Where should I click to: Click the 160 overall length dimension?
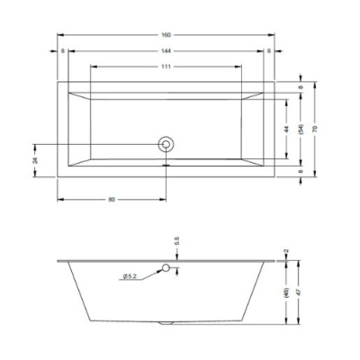[x=166, y=35]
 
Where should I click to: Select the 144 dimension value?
[x=166, y=51]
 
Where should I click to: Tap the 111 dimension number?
[x=166, y=67]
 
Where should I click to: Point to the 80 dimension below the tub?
[x=112, y=199]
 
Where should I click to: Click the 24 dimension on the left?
[x=35, y=160]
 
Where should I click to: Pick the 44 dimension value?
[x=286, y=129]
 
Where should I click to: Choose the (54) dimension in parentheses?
[x=301, y=129]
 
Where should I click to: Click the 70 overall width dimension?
[x=315, y=129]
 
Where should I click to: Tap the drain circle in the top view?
[x=166, y=145]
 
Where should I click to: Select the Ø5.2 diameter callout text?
[x=130, y=276]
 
